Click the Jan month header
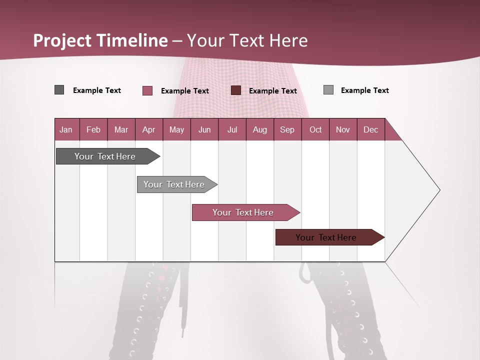[66, 129]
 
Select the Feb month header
[93, 129]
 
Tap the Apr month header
[148, 129]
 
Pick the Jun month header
[204, 129]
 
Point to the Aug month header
[259, 129]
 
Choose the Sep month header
[287, 129]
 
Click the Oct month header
[315, 129]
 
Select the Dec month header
[370, 129]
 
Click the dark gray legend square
[59, 90]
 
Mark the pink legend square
[147, 90]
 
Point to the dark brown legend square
[236, 90]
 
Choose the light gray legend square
[328, 90]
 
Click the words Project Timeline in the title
[100, 40]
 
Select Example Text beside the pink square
[185, 91]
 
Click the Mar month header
[121, 129]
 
